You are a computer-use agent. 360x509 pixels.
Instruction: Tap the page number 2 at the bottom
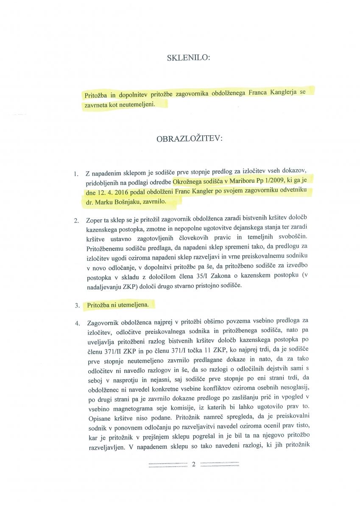[x=193, y=464]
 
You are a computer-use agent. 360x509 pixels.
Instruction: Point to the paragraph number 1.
[x=76, y=174]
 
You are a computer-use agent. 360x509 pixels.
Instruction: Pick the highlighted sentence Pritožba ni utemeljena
[x=120, y=305]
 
